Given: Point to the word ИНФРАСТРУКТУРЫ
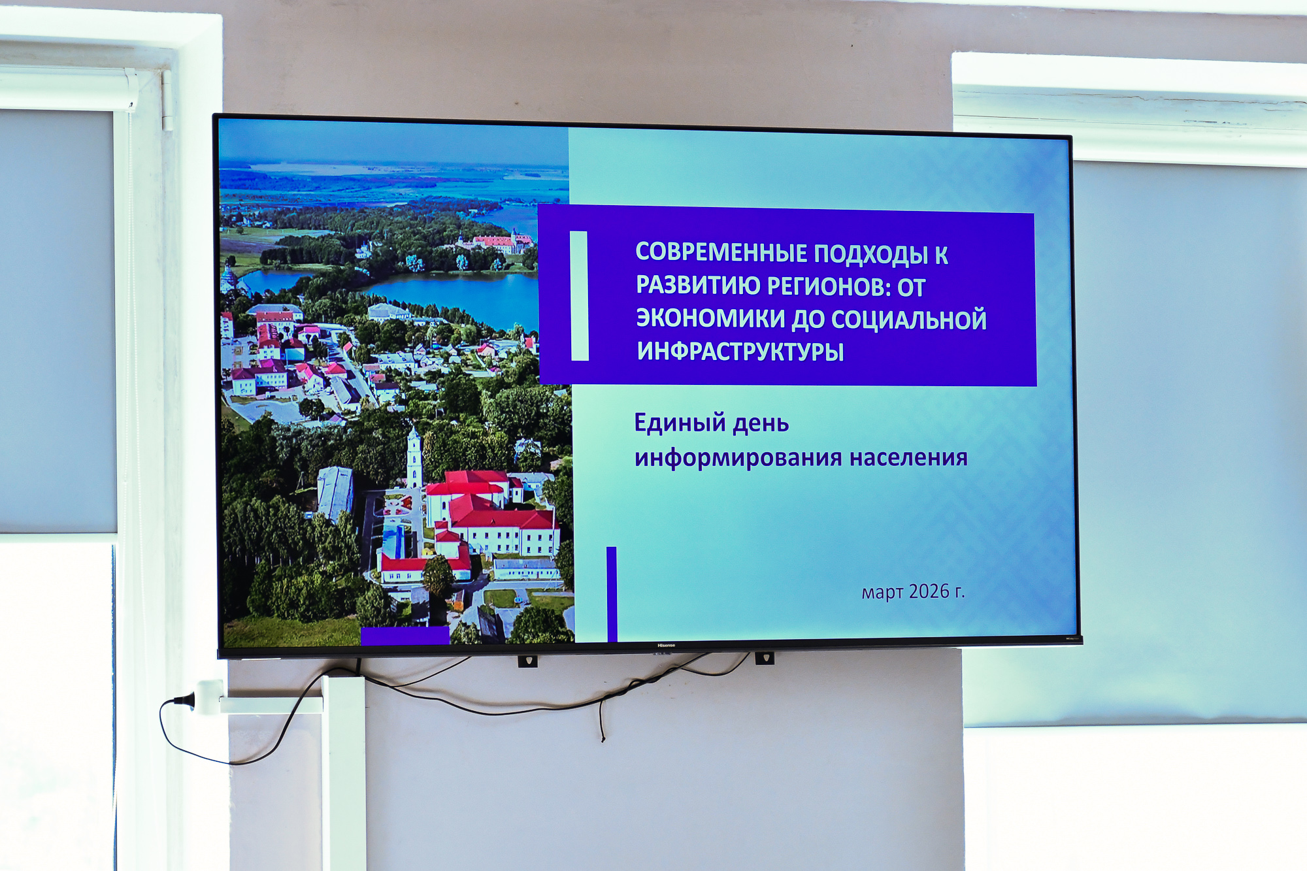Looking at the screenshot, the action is [740, 352].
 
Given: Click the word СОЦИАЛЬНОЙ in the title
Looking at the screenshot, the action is [908, 320].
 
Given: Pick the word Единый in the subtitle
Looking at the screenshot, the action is [680, 424].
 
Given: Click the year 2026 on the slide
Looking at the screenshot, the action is [929, 591].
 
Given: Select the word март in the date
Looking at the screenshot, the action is [882, 593].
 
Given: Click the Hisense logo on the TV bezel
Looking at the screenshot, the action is [666, 646].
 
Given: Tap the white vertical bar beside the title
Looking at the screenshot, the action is [579, 296].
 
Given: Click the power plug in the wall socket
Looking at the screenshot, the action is [187, 700].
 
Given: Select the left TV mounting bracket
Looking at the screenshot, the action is [527, 661].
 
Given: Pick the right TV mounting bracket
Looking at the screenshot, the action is [764, 658].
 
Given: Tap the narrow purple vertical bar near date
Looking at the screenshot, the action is [612, 594].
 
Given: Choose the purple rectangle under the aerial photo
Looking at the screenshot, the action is [405, 636].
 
